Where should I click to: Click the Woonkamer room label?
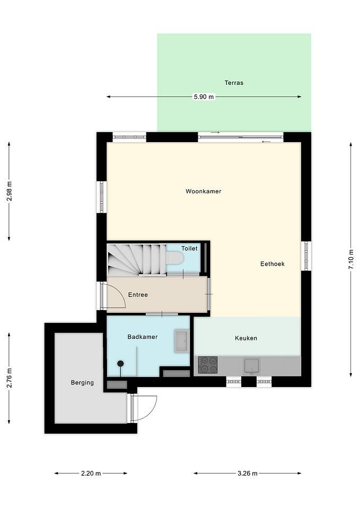point(203,191)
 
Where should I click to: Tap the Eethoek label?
point(273,264)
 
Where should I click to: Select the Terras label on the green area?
point(234,83)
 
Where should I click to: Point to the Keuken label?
point(245,338)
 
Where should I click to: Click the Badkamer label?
point(142,337)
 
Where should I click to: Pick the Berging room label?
point(82,383)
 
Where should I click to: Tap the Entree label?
point(138,295)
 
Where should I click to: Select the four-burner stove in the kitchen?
point(208,365)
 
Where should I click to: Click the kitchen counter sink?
point(252,365)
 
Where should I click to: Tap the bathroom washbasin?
point(181,341)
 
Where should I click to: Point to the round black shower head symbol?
point(120,363)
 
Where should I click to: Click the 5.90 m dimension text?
point(204,96)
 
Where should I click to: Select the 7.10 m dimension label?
point(351,259)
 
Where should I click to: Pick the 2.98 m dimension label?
point(9,191)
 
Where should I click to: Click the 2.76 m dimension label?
point(9,378)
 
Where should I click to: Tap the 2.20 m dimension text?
point(91,473)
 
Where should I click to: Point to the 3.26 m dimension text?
point(248,473)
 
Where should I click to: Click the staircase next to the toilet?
point(136,259)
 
